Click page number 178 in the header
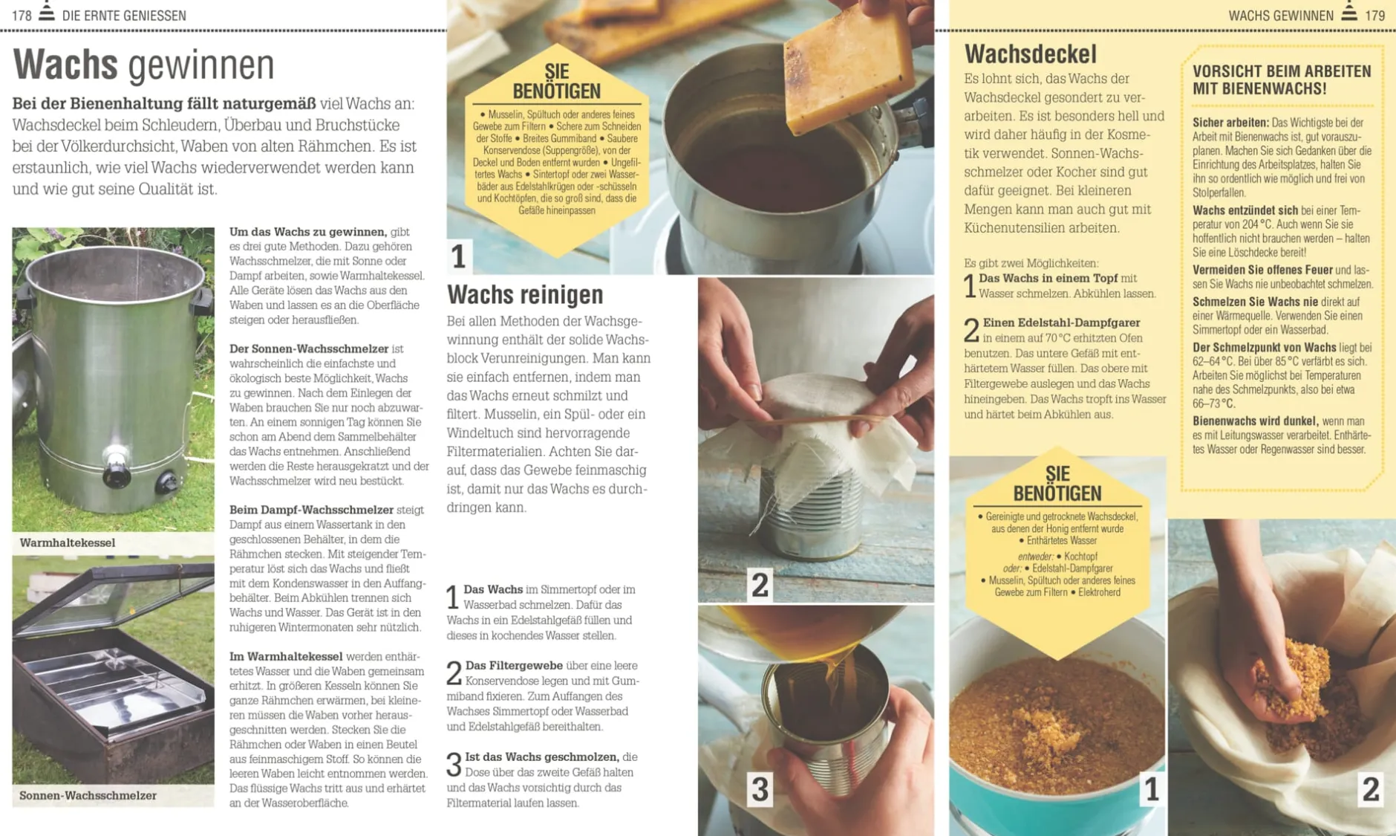pyautogui.click(x=22, y=16)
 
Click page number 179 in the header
pyautogui.click(x=1375, y=16)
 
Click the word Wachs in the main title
pyautogui.click(x=65, y=65)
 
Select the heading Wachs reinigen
pyautogui.click(x=525, y=294)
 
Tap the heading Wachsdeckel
pyautogui.click(x=1030, y=54)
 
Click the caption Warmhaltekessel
pyautogui.click(x=67, y=542)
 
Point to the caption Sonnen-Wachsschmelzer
pyautogui.click(x=88, y=795)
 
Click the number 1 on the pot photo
pyautogui.click(x=458, y=256)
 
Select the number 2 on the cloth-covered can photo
pyautogui.click(x=760, y=585)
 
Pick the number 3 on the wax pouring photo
pyautogui.click(x=760, y=788)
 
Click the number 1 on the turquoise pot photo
pyautogui.click(x=1151, y=789)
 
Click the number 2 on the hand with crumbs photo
pyautogui.click(x=1370, y=789)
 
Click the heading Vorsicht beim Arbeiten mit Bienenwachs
pyautogui.click(x=1281, y=80)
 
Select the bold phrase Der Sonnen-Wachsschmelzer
pyautogui.click(x=309, y=349)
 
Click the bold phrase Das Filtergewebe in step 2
pyautogui.click(x=514, y=665)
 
